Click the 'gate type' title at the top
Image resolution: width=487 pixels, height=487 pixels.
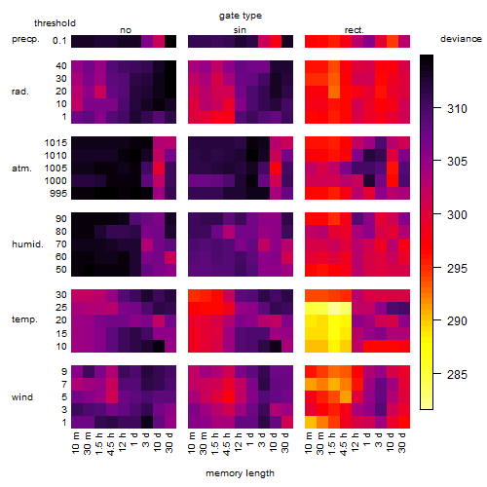pos(241,16)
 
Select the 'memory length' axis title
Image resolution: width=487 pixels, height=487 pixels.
pos(240,473)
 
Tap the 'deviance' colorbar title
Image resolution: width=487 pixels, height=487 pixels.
pos(461,39)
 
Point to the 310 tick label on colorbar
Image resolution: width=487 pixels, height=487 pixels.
pos(457,109)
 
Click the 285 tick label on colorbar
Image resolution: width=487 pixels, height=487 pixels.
pos(457,375)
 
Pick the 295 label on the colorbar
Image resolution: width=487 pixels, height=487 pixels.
pos(457,269)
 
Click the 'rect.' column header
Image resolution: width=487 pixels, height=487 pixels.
pos(355,30)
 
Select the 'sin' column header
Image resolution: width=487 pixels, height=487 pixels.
pos(240,30)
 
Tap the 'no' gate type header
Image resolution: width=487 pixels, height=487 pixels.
pos(126,30)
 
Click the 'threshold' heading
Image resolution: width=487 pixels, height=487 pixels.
pos(55,23)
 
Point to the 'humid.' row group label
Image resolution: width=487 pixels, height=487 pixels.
pos(27,244)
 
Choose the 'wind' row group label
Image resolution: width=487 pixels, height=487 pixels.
pos(22,397)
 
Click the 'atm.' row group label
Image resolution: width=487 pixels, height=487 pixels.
pos(21,169)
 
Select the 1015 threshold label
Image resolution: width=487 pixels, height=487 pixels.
pos(56,143)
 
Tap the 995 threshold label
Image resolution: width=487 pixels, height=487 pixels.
pos(58,194)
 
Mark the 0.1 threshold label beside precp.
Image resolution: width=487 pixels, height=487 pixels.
pos(59,41)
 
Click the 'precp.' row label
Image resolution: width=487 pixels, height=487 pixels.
pos(25,39)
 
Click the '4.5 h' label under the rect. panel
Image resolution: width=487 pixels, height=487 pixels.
pos(344,444)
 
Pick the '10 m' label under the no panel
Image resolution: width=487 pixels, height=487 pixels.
pos(75,442)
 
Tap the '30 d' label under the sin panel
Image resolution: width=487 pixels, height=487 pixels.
pos(285,442)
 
